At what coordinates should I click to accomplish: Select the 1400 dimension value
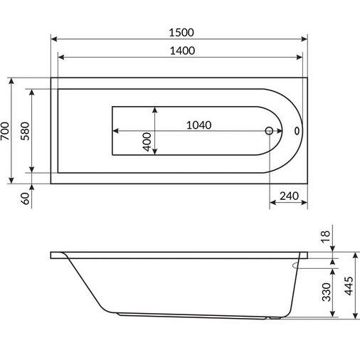click(181, 51)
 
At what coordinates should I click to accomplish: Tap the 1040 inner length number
click(199, 125)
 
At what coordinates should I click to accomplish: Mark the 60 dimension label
click(25, 198)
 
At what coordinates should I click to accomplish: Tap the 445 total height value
click(349, 287)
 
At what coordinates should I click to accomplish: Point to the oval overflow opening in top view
click(297, 131)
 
